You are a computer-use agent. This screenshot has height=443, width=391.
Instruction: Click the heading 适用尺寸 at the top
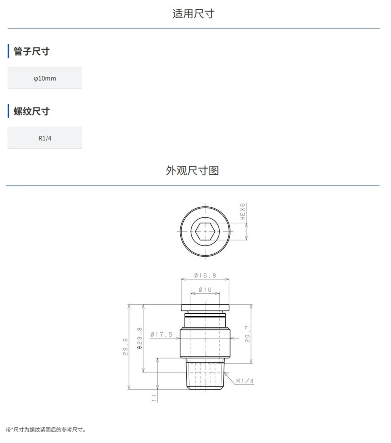[x=193, y=14]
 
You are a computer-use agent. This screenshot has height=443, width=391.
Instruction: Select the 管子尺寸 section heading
[x=32, y=51]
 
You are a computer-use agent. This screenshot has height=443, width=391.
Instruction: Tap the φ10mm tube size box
[x=45, y=78]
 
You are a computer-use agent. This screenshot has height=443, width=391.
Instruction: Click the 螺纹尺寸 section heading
[x=32, y=111]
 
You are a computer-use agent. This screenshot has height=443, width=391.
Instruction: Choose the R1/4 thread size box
[x=45, y=138]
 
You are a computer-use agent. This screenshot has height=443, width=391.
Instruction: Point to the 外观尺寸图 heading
[x=192, y=171]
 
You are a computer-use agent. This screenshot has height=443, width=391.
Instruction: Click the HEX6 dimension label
[x=242, y=212]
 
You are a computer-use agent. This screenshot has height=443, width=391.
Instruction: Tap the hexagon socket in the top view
[x=205, y=231]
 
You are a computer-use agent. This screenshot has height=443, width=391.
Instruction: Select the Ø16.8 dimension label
[x=205, y=275]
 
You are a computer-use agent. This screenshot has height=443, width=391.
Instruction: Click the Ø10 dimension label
[x=205, y=290]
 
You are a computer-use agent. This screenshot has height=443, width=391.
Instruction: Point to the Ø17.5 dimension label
[x=162, y=334]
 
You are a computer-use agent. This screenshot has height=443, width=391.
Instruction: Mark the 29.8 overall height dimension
[x=125, y=347]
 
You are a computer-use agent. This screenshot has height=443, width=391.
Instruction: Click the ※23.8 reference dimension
[x=139, y=338]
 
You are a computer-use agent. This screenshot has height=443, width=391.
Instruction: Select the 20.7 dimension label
[x=247, y=334]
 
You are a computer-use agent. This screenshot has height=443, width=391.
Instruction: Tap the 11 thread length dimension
[x=154, y=398]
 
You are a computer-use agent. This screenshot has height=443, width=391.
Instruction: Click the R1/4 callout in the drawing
[x=245, y=381]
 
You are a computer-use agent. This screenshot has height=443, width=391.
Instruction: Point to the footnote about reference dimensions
[x=46, y=430]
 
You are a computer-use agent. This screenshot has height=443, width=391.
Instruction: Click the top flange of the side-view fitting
[x=205, y=307]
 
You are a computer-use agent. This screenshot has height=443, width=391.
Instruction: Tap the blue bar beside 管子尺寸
[x=8, y=51]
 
